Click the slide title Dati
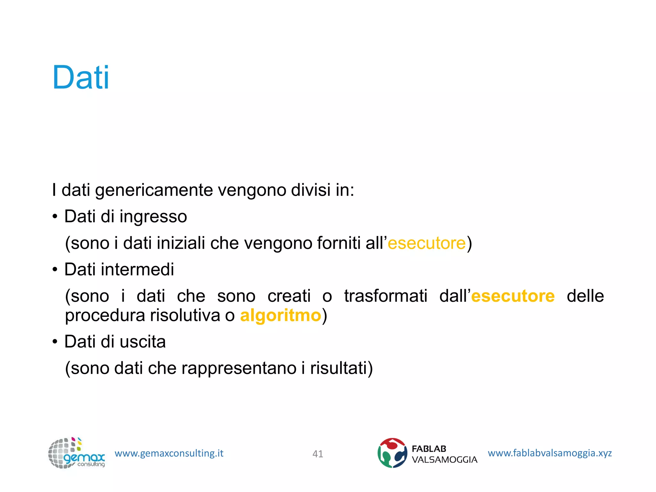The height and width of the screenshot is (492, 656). [x=81, y=78]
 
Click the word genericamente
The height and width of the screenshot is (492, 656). [x=154, y=190]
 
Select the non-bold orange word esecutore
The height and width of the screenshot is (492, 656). [x=426, y=243]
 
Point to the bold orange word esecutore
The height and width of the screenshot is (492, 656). [x=513, y=296]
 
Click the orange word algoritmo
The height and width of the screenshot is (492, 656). [x=281, y=316]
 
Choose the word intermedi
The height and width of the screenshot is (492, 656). [x=137, y=269]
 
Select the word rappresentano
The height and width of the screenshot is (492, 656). [x=239, y=368]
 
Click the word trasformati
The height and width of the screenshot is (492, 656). [x=386, y=296]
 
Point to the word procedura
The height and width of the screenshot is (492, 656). [x=105, y=316]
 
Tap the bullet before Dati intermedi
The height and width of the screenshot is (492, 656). [x=55, y=270]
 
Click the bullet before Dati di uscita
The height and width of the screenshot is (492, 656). [x=55, y=342]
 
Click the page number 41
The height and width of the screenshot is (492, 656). [x=317, y=454]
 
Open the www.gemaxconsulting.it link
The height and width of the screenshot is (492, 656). [x=169, y=453]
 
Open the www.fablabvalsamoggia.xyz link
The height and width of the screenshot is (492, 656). [x=550, y=453]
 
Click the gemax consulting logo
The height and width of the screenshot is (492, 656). [x=76, y=453]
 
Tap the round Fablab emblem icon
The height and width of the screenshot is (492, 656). [x=392, y=453]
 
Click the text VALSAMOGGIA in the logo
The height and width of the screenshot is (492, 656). [x=444, y=460]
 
